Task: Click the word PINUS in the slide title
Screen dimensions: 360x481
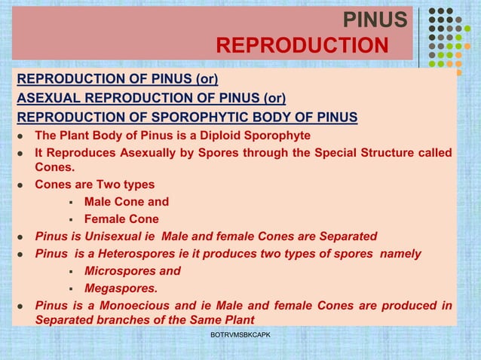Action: click(375, 20)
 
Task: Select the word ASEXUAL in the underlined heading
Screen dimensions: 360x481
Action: click(50, 98)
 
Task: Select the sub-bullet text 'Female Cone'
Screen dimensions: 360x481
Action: click(121, 219)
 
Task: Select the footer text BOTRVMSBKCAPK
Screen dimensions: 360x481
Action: click(240, 334)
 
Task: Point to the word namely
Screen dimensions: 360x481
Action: click(400, 254)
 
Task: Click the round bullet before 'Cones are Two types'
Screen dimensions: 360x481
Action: click(23, 185)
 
